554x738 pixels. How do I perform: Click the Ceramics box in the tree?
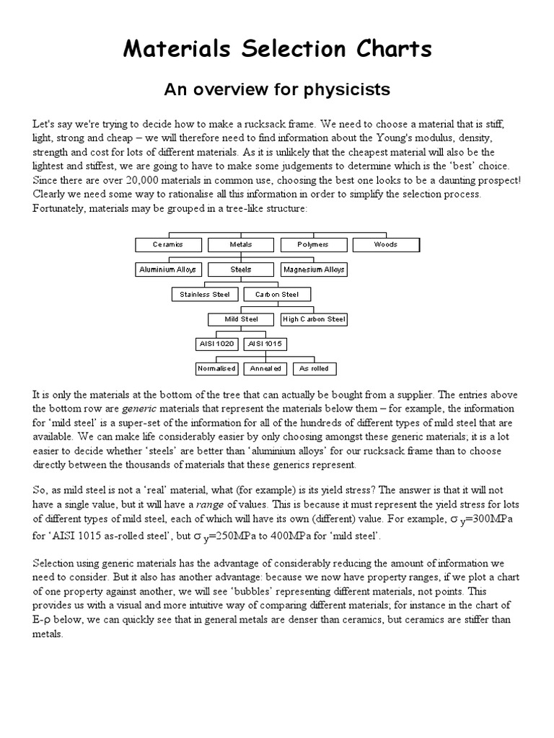168,244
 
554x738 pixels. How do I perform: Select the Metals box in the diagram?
241,244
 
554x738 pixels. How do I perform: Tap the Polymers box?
313,244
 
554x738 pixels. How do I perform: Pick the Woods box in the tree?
386,244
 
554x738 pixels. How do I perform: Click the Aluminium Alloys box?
168,270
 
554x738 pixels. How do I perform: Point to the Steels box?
241,270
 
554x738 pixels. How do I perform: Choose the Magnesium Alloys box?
314,270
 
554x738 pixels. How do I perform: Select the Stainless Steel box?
205,294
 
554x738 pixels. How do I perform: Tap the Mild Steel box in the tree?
241,319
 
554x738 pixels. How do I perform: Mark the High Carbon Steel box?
314,319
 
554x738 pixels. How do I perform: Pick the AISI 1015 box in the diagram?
265,344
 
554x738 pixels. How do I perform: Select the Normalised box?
216,368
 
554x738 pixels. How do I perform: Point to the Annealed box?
265,368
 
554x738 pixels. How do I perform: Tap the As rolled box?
315,368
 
